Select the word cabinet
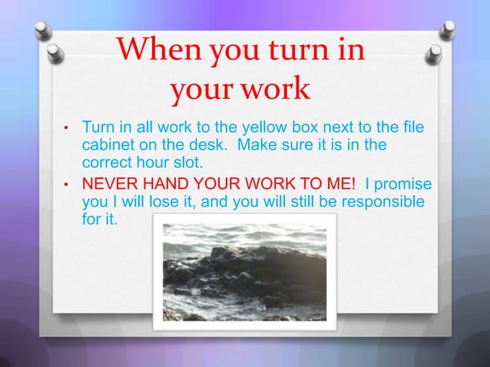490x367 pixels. coord(107,145)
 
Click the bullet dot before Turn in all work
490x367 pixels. coord(67,127)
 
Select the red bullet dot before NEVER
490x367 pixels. coord(67,186)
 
